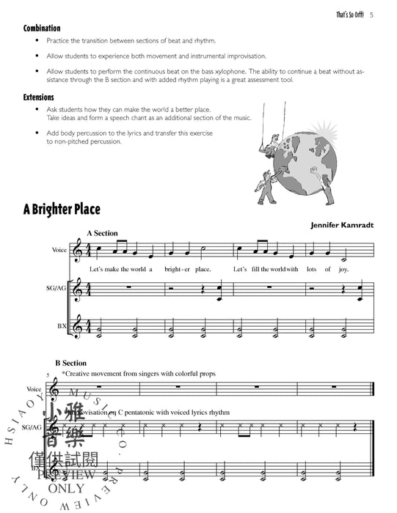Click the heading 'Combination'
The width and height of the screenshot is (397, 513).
(x=41, y=28)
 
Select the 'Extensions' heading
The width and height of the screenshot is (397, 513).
(x=39, y=97)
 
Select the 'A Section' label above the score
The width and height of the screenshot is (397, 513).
(x=102, y=232)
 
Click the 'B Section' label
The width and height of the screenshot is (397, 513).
(x=70, y=363)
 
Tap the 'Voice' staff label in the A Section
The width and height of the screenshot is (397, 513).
(x=60, y=250)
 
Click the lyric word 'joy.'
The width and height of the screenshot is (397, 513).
(x=345, y=269)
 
